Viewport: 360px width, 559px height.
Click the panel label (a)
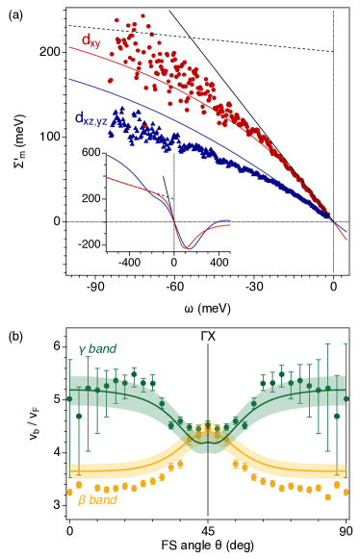coord(13,15)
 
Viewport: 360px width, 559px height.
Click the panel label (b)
coord(13,337)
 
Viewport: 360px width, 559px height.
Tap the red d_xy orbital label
coord(90,40)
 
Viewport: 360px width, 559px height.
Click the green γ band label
coord(97,349)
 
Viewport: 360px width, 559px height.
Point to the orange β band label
coord(96,499)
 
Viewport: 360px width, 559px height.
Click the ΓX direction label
coord(208,337)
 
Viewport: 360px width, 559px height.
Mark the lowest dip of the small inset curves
coord(184,248)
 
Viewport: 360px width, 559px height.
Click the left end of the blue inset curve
coord(108,155)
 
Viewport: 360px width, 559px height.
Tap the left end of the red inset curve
coord(108,178)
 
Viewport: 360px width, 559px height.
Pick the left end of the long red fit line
coord(69,47)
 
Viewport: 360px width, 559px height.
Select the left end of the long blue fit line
coord(69,80)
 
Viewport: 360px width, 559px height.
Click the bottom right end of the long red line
coord(347,241)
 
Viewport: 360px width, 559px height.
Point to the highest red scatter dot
coord(142,15)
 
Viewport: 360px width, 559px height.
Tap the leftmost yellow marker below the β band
coord(69,492)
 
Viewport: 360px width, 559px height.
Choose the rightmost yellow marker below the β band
coord(346,492)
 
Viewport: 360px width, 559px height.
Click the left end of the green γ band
coord(70,388)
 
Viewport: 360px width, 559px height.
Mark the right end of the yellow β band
coord(346,470)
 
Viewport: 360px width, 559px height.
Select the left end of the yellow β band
coord(70,470)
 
